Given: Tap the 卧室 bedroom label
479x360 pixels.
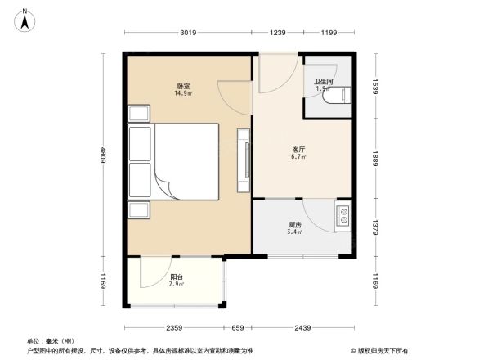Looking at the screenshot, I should [183, 86].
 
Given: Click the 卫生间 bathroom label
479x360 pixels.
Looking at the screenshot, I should [323, 81].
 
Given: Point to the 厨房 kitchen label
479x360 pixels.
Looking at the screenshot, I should [295, 225].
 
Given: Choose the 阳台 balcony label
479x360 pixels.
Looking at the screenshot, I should [176, 277].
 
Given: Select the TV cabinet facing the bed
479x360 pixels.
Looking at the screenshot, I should [243, 162].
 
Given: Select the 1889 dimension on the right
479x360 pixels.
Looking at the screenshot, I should [377, 157].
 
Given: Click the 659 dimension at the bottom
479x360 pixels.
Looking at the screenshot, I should [237, 329].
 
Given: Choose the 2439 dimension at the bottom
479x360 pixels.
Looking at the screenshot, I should [302, 329].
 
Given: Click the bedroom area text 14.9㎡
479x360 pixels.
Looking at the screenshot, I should [183, 93].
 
